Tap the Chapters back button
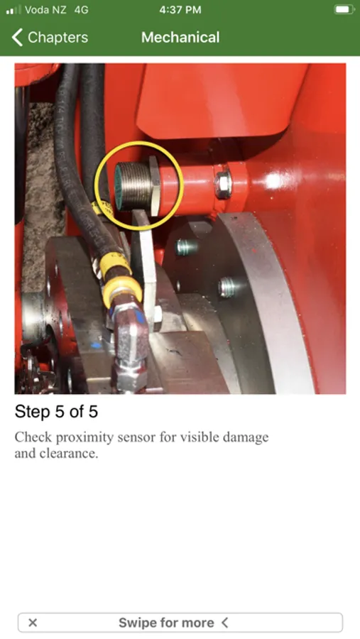[50, 38]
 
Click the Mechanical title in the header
[180, 38]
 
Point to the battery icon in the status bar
[344, 10]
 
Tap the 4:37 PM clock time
[180, 10]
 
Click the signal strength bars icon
[13, 10]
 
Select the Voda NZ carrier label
[45, 10]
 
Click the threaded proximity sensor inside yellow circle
[133, 185]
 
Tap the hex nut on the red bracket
[223, 184]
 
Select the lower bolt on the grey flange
[227, 287]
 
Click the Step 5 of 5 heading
[56, 412]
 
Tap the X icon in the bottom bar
[33, 622]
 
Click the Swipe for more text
[166, 623]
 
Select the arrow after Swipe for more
[224, 623]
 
